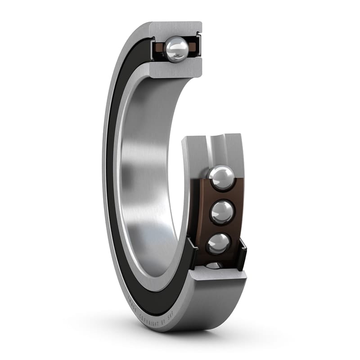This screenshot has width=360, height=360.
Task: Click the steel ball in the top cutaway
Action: pyautogui.click(x=176, y=49)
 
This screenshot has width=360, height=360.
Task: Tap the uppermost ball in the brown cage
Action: pyautogui.click(x=222, y=178)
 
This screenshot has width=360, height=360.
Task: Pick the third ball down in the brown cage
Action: pyautogui.click(x=219, y=243)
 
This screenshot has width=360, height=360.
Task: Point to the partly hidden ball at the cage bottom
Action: pyautogui.click(x=215, y=265)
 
